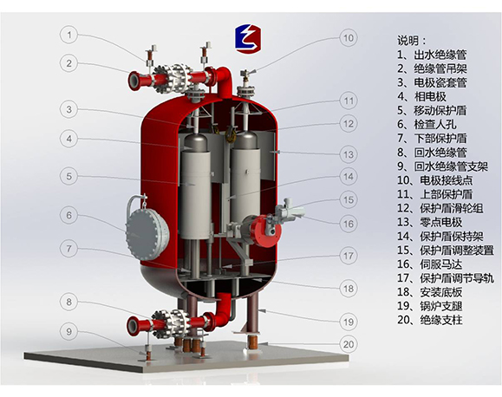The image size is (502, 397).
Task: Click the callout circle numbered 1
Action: (68, 35)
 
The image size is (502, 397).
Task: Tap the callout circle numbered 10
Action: (349, 38)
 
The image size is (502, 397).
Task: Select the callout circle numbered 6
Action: (68, 215)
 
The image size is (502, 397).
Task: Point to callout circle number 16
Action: (349, 224)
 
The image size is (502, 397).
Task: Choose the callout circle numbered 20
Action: (349, 344)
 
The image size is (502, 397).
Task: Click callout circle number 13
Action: (349, 154)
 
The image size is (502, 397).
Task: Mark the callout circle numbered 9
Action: (68, 331)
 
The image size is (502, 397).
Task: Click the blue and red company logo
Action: (248, 38)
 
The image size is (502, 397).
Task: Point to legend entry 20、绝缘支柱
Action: (430, 320)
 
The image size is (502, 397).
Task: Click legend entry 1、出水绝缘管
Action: (432, 55)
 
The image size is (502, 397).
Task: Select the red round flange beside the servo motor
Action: (265, 231)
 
